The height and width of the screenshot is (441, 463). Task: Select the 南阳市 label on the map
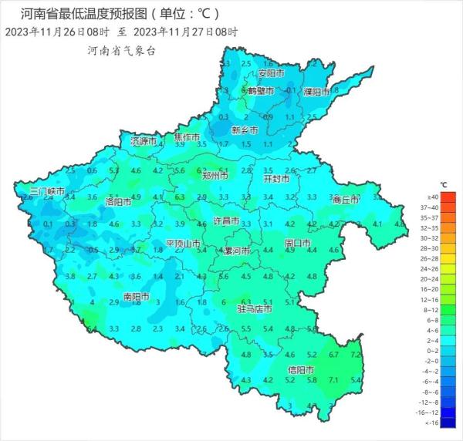pyautogui.click(x=136, y=295)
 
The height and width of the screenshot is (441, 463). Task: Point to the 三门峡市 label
pyautogui.click(x=47, y=190)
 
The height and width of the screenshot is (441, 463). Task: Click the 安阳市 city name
pyautogui.click(x=271, y=73)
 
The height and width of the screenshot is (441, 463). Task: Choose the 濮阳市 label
pyautogui.click(x=316, y=92)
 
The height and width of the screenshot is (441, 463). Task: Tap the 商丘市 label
pyautogui.click(x=346, y=199)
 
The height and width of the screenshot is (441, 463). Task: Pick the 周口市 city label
pyautogui.click(x=297, y=244)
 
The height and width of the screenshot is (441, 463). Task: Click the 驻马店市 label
pyautogui.click(x=254, y=309)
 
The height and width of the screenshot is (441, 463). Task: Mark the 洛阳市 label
pyautogui.click(x=117, y=202)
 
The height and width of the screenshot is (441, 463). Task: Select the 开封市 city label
pyautogui.click(x=277, y=178)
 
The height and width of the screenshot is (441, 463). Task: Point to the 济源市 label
pyautogui.click(x=144, y=142)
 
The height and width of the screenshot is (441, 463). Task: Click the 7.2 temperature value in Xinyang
pyautogui.click(x=356, y=355)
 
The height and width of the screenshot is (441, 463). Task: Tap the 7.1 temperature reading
pyautogui.click(x=333, y=380)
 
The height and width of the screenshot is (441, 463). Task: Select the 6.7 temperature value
pyautogui.click(x=333, y=355)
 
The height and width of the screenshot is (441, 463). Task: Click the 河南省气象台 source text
pyautogui.click(x=122, y=50)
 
